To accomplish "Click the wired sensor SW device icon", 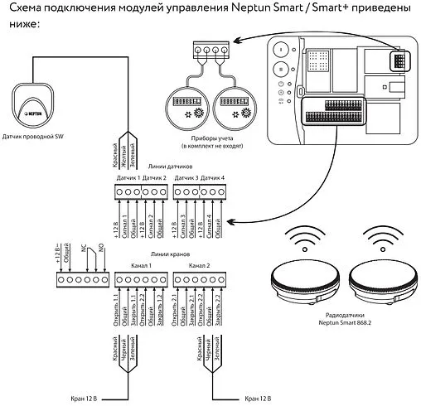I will pyautogui.click(x=34, y=100).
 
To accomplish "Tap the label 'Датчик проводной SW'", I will pyautogui.click(x=34, y=135).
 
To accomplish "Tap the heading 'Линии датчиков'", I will pyautogui.click(x=168, y=167).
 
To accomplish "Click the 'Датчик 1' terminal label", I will pyautogui.click(x=127, y=179).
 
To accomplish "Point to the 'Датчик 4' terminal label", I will pyautogui.click(x=213, y=179).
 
